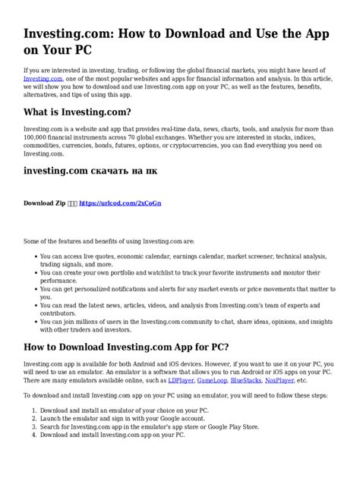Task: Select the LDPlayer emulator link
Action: (180, 380)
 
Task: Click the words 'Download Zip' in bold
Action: (45, 204)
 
